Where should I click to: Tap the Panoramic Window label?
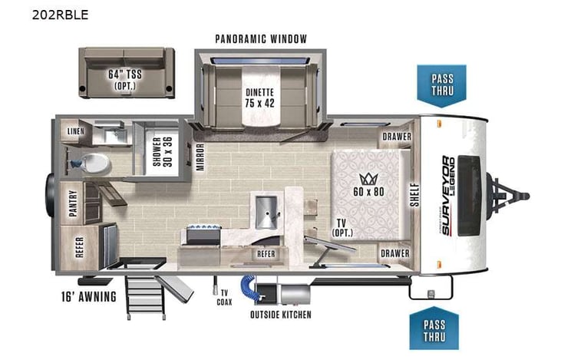pos(261,39)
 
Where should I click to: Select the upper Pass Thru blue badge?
pos(441,84)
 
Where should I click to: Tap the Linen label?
pos(75,131)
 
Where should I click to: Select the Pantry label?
pos(74,204)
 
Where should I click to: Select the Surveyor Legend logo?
pos(447,177)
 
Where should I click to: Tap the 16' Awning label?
pos(89,296)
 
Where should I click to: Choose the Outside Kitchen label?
pos(280,315)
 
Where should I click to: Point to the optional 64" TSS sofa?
pos(127,72)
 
